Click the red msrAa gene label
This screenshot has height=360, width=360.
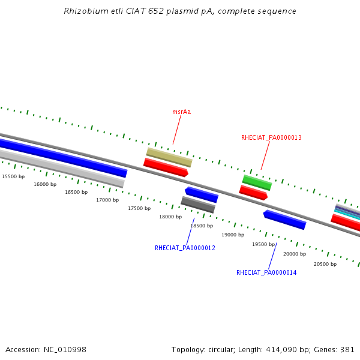pyautogui.click(x=181, y=112)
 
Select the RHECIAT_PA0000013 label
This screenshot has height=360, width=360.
pyautogui.click(x=271, y=137)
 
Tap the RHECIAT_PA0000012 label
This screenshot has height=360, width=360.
pyautogui.click(x=185, y=248)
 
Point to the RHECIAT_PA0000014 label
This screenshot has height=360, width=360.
pyautogui.click(x=266, y=272)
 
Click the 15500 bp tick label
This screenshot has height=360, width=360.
pyautogui.click(x=13, y=176)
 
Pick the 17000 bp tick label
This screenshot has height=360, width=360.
pyautogui.click(x=107, y=200)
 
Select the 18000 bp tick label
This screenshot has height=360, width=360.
pyautogui.click(x=170, y=217)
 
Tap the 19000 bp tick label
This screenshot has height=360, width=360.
pyautogui.click(x=233, y=235)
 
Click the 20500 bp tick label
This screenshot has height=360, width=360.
pyautogui.click(x=325, y=264)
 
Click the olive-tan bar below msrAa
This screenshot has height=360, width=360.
pyautogui.click(x=169, y=157)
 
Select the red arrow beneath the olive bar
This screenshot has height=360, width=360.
pyautogui.click(x=166, y=167)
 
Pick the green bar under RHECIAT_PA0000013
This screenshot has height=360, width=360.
pyautogui.click(x=257, y=183)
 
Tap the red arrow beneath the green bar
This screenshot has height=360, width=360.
pyautogui.click(x=253, y=193)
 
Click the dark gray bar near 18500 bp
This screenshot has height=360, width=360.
pyautogui.click(x=198, y=205)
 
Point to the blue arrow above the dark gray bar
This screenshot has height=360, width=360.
pyautogui.click(x=202, y=194)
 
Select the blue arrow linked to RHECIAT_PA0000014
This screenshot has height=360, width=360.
pyautogui.click(x=284, y=220)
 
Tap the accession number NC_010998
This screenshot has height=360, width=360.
pyautogui.click(x=65, y=350)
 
